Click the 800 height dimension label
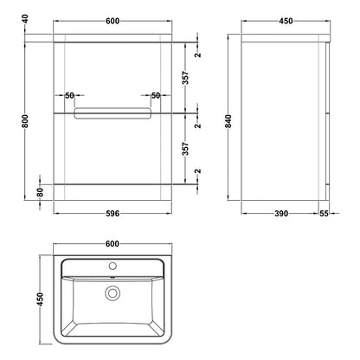26,121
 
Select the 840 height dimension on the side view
228,121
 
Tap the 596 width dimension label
112,214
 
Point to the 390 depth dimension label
281,214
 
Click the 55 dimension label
325,214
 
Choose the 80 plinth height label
40,192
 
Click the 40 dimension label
26,19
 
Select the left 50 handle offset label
69,95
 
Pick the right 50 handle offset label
156,95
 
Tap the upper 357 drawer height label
186,78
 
